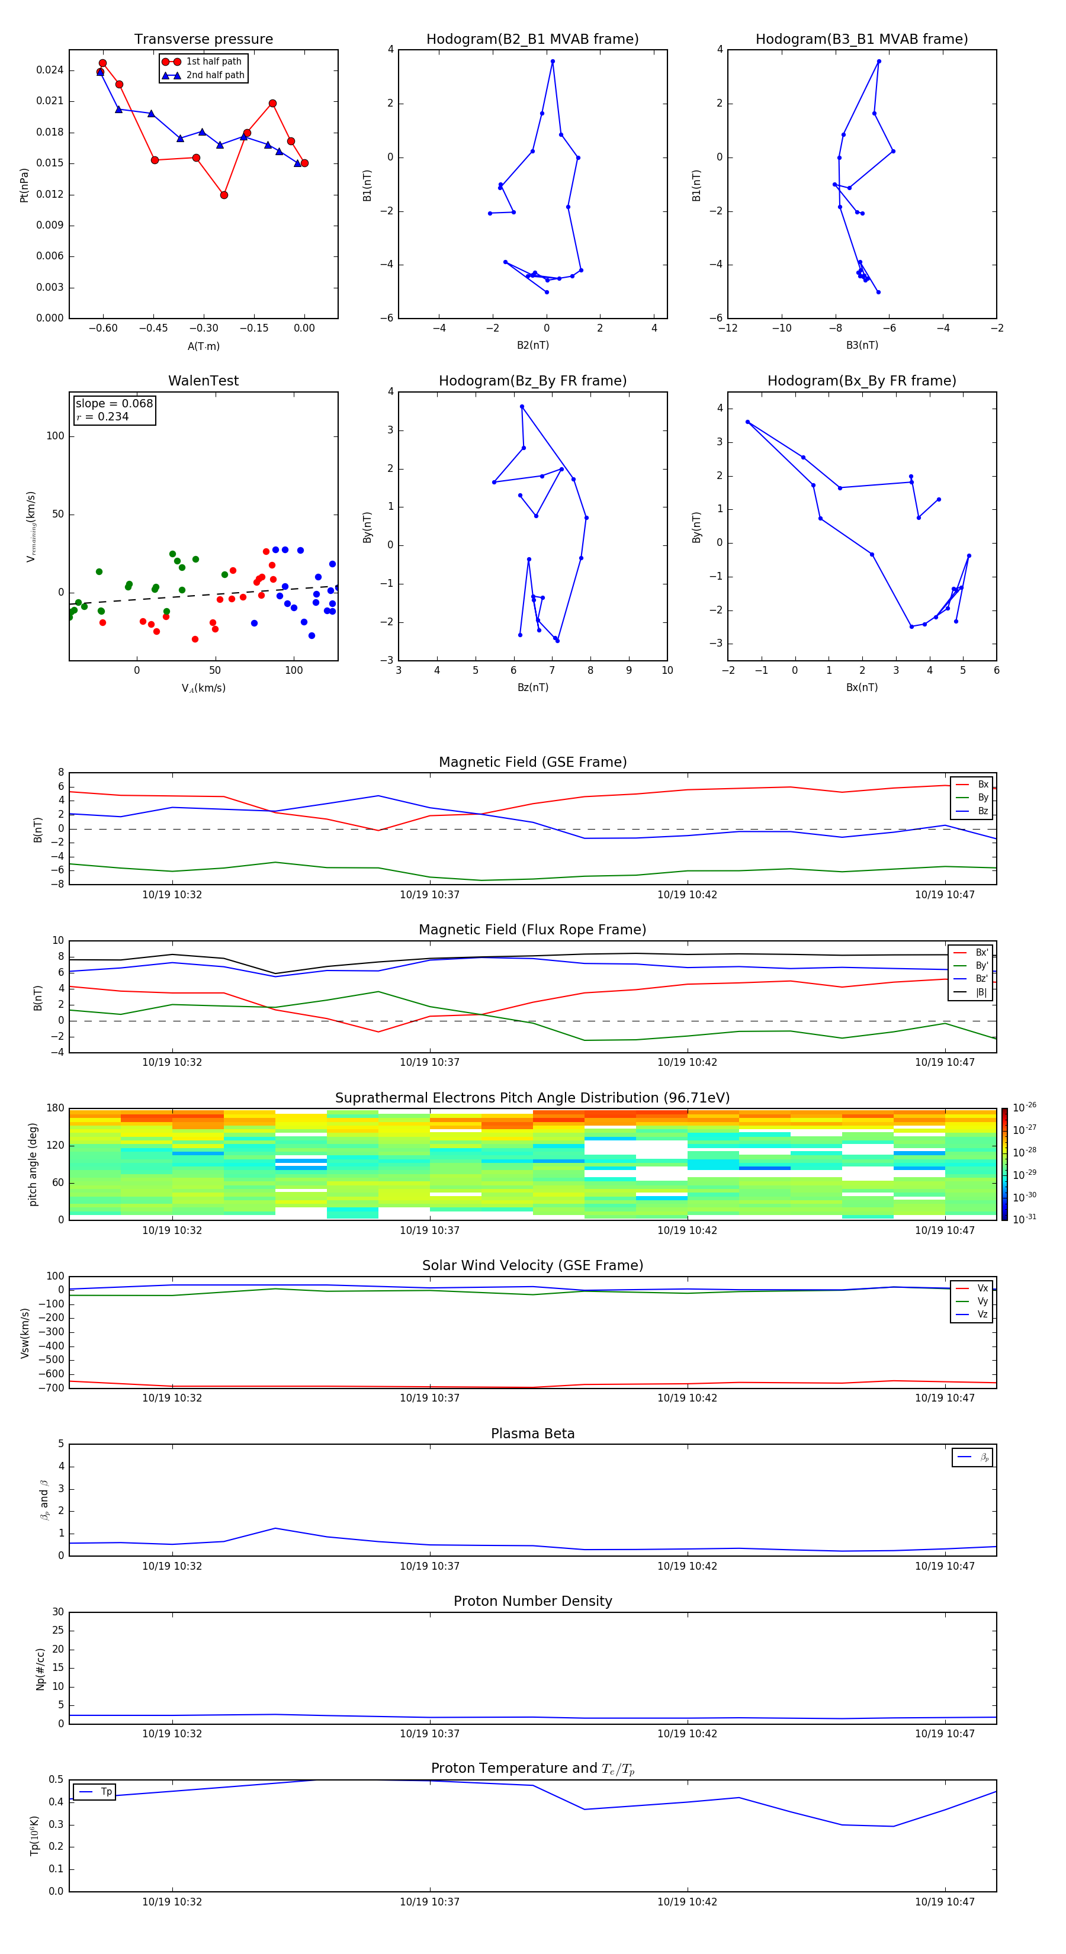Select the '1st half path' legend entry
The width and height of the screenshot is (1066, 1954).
pos(213,62)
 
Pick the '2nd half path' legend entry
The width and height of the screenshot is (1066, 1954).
pos(215,75)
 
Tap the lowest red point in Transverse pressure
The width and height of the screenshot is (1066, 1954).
pos(224,195)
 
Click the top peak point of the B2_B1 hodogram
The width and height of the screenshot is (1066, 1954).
pos(553,62)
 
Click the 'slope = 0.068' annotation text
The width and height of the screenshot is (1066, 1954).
pos(114,404)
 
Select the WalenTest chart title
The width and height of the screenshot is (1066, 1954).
pos(203,381)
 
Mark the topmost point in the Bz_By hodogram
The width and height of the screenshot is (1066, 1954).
pos(522,407)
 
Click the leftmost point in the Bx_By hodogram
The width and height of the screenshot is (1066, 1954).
pos(747,422)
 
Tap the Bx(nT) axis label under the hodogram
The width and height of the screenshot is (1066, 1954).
pos(862,687)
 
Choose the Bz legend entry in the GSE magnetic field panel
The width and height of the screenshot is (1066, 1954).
pos(982,811)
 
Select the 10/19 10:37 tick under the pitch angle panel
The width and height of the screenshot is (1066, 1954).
pos(429,1230)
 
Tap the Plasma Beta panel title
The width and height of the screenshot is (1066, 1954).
pos(532,1434)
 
